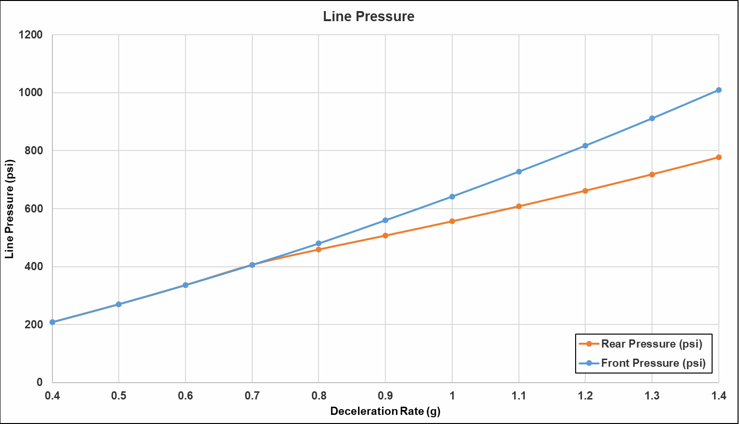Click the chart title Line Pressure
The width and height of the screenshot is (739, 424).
pos(369,16)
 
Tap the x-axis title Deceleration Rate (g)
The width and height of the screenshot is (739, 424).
pos(385,411)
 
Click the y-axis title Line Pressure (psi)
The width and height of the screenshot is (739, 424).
pos(10,209)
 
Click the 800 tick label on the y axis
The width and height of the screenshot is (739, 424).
pos(34,150)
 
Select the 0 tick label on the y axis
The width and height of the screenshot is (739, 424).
pos(40,382)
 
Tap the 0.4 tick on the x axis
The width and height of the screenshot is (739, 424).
pos(52,396)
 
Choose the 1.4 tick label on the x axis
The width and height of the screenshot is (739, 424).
pos(719,396)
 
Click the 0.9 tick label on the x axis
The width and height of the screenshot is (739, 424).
pos(385,396)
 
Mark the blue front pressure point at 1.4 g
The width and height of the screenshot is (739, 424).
pos(719,90)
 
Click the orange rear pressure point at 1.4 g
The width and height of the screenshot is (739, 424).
pos(719,157)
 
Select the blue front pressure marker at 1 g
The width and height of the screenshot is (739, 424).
pos(452,197)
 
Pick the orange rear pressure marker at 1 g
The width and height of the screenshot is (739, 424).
pos(452,221)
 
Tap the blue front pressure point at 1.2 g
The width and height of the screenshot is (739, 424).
pos(585,146)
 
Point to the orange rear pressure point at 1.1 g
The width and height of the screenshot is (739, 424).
pos(519,206)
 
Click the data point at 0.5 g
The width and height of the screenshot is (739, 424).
pos(119,304)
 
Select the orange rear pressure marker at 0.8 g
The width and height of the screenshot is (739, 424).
pos(319,249)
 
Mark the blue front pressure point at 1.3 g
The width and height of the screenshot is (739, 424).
pos(652,118)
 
